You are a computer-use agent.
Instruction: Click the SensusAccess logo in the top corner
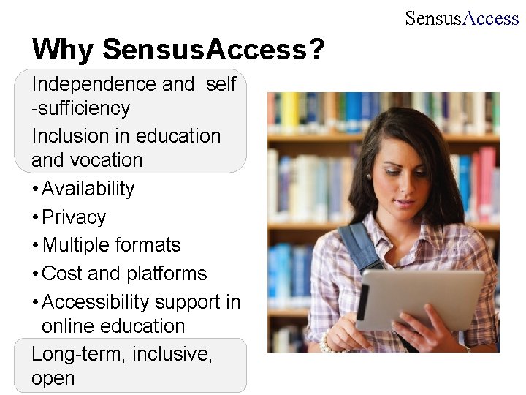[x=462, y=18]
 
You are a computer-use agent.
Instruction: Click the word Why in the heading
[x=64, y=50]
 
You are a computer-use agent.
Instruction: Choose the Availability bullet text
[x=88, y=189]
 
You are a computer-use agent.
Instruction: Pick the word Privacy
[x=74, y=217]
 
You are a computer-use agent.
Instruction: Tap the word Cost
[x=62, y=274]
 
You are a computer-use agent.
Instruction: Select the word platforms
[x=167, y=274]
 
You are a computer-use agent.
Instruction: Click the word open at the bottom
[x=53, y=379]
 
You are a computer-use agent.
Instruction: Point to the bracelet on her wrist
[x=327, y=344]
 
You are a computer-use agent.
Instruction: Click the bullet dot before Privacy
[x=35, y=218]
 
